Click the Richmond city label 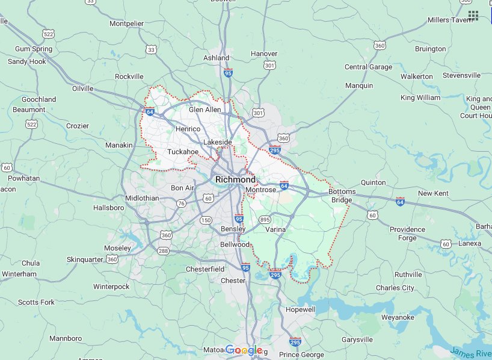pos(235,179)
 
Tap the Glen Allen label pos(204,110)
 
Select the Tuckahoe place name pos(183,152)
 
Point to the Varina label pos(275,229)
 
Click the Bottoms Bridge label pos(342,196)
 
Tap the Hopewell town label pos(300,309)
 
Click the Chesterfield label pos(205,268)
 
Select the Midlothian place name pos(142,198)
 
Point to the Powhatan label pos(23,178)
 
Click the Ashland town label pos(217,58)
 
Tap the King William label pos(420,98)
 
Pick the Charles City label pos(395,288)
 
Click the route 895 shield pos(265,220)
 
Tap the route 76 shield pos(181,203)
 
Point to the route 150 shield pos(206,220)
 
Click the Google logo pos(244,350)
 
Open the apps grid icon pos(473,16)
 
